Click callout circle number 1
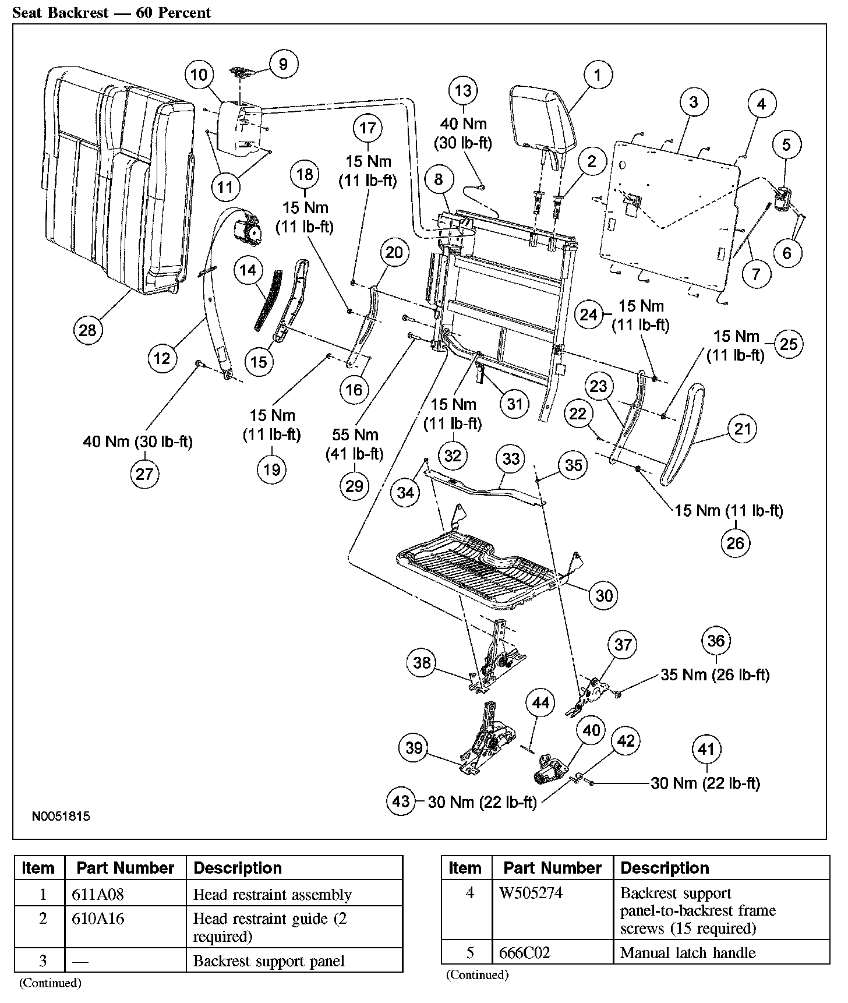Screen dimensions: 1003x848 click(x=596, y=75)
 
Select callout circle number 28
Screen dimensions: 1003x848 click(x=87, y=330)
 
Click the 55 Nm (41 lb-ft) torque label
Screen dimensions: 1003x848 click(x=355, y=444)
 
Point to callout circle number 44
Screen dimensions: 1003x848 click(x=540, y=703)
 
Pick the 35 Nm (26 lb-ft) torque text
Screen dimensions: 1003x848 click(x=715, y=674)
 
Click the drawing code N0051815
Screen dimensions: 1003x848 click(x=61, y=816)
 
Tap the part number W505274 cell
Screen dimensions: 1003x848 click(x=531, y=892)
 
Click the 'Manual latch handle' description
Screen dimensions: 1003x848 click(x=687, y=953)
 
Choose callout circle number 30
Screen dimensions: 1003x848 click(x=604, y=595)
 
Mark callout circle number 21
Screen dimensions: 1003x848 click(x=742, y=429)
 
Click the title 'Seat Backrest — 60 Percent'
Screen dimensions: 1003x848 click(x=112, y=12)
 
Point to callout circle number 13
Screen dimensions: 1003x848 click(x=464, y=91)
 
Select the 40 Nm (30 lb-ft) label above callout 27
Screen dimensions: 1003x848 click(x=137, y=442)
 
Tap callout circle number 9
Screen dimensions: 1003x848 click(x=283, y=63)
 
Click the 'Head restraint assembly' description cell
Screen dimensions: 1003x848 click(x=272, y=894)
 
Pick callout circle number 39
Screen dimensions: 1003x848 click(x=414, y=747)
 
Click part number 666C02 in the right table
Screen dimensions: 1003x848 click(x=525, y=953)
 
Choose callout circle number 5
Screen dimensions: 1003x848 click(x=786, y=144)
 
